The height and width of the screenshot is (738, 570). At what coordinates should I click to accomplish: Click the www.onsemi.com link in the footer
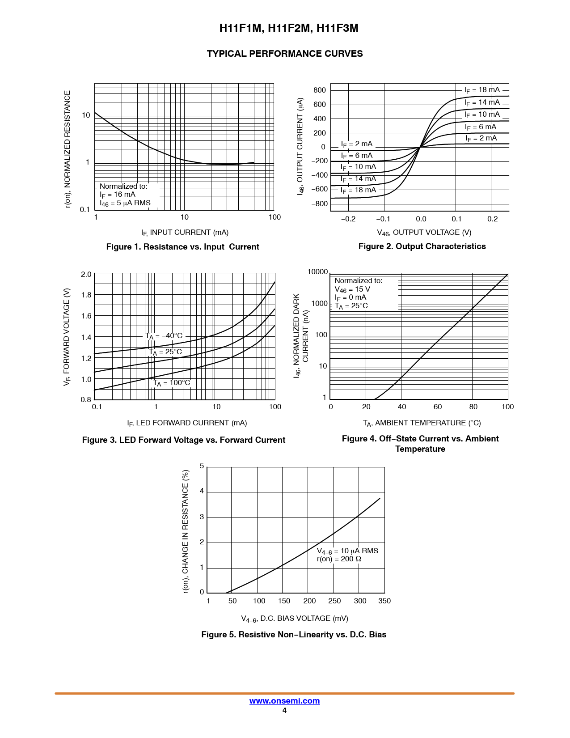pos(284,700)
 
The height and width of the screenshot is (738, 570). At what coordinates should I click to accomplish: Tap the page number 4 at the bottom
pos(284,710)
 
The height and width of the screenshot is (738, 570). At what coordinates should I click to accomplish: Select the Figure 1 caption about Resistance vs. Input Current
pos(183,246)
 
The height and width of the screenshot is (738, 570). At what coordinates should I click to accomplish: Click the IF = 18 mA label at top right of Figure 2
pos(482,90)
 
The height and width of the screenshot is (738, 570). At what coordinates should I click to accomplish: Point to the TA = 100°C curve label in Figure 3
pos(171,383)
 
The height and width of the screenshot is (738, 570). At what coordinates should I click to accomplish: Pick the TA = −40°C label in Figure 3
pos(164,336)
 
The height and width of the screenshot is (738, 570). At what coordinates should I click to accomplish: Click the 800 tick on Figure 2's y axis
pos(320,90)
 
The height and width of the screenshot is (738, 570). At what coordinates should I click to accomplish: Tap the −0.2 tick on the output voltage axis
pos(348,219)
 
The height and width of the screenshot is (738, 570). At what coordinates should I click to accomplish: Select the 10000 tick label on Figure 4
pos(317,271)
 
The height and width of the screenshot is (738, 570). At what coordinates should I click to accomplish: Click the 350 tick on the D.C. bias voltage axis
pos(384,601)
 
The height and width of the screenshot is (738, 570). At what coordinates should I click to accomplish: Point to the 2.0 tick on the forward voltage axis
pos(86,275)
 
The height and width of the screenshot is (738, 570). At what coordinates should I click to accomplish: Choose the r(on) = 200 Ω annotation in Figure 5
pos(339,559)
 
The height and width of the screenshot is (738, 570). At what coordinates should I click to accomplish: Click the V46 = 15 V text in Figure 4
pos(352,289)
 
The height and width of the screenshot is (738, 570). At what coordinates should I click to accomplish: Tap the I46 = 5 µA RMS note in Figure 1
pos(125,203)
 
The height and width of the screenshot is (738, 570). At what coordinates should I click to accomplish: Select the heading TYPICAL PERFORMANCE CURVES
pos(285,54)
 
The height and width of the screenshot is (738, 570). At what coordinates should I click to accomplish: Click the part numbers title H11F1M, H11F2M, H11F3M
pos(289,28)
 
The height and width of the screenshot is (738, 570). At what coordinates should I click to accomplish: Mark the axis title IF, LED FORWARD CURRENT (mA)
pos(187,423)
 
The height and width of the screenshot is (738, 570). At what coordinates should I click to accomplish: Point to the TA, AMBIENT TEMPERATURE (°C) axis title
pos(422,423)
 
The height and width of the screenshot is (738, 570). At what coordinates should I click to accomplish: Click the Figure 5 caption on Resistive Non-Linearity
pos(294,634)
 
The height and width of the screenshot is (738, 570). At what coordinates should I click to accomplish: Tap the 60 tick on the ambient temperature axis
pos(438,407)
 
